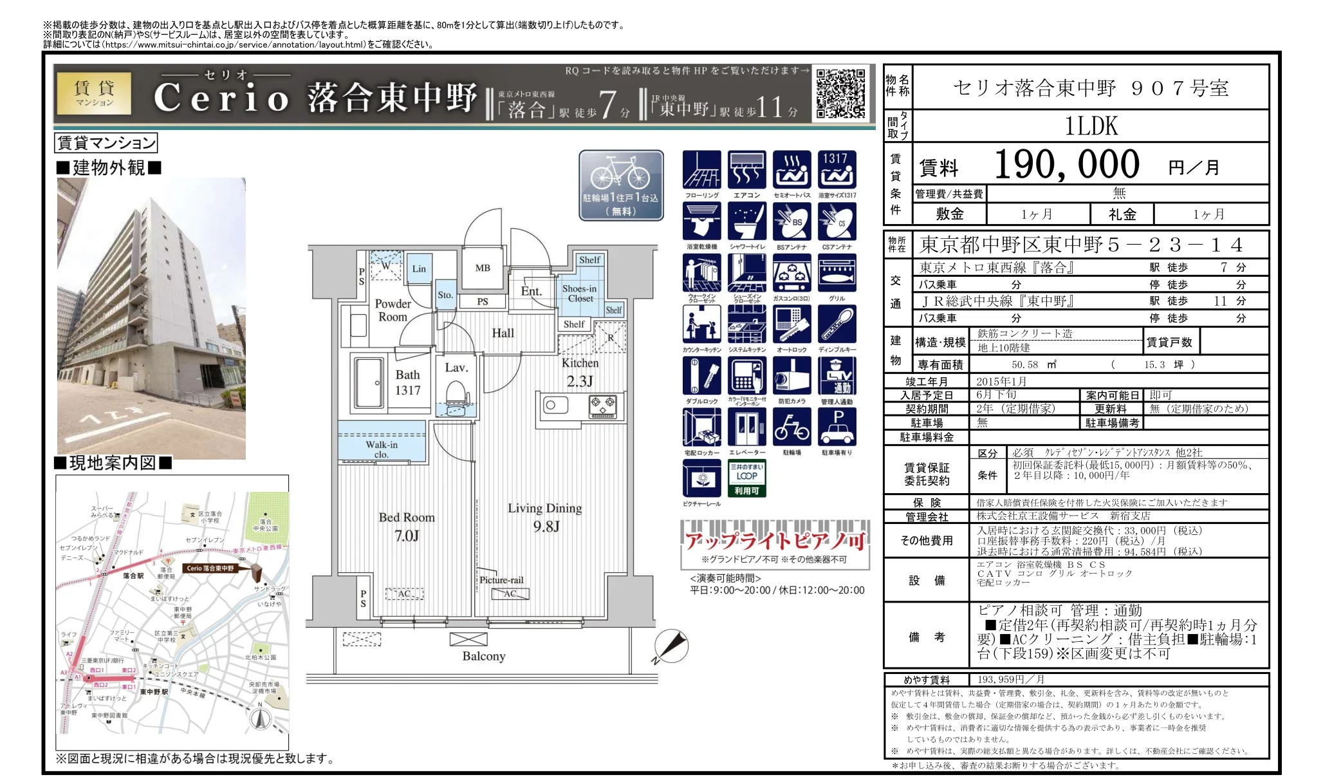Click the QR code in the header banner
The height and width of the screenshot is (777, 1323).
tap(840, 93)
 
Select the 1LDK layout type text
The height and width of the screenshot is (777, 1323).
tap(1091, 126)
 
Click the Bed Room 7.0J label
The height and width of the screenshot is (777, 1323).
tap(407, 526)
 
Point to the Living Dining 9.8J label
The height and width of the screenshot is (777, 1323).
tap(544, 517)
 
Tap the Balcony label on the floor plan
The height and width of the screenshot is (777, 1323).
tap(483, 656)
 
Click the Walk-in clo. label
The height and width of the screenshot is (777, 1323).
tap(382, 449)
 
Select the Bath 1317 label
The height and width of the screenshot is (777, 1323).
tap(407, 382)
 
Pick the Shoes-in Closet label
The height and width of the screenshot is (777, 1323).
tap(579, 294)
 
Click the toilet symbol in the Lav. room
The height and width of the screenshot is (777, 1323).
tap(456, 394)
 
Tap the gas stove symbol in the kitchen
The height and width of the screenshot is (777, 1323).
tap(603, 406)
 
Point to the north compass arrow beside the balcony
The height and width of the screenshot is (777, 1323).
tap(671, 646)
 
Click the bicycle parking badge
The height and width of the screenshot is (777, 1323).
tap(621, 185)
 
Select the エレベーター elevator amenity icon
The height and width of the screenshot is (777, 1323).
tap(746, 429)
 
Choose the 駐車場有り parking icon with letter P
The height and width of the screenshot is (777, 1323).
tap(837, 429)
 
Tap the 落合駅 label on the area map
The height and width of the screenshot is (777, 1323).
tap(133, 576)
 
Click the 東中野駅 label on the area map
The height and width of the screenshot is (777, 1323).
tap(154, 691)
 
